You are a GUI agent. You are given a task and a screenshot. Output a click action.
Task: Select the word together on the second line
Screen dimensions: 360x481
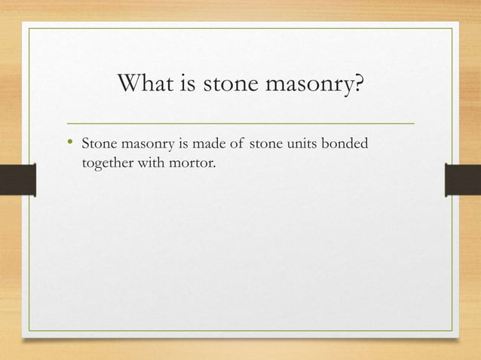107,160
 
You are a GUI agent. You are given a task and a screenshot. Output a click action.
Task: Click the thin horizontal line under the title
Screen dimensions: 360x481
240,122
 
